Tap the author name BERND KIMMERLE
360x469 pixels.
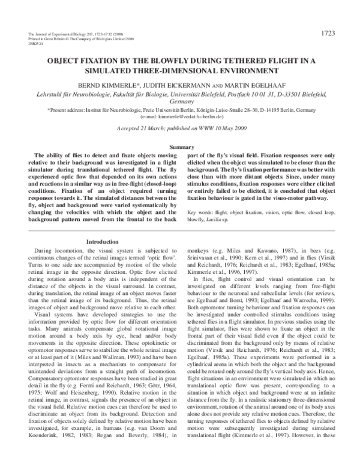tap(110, 85)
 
